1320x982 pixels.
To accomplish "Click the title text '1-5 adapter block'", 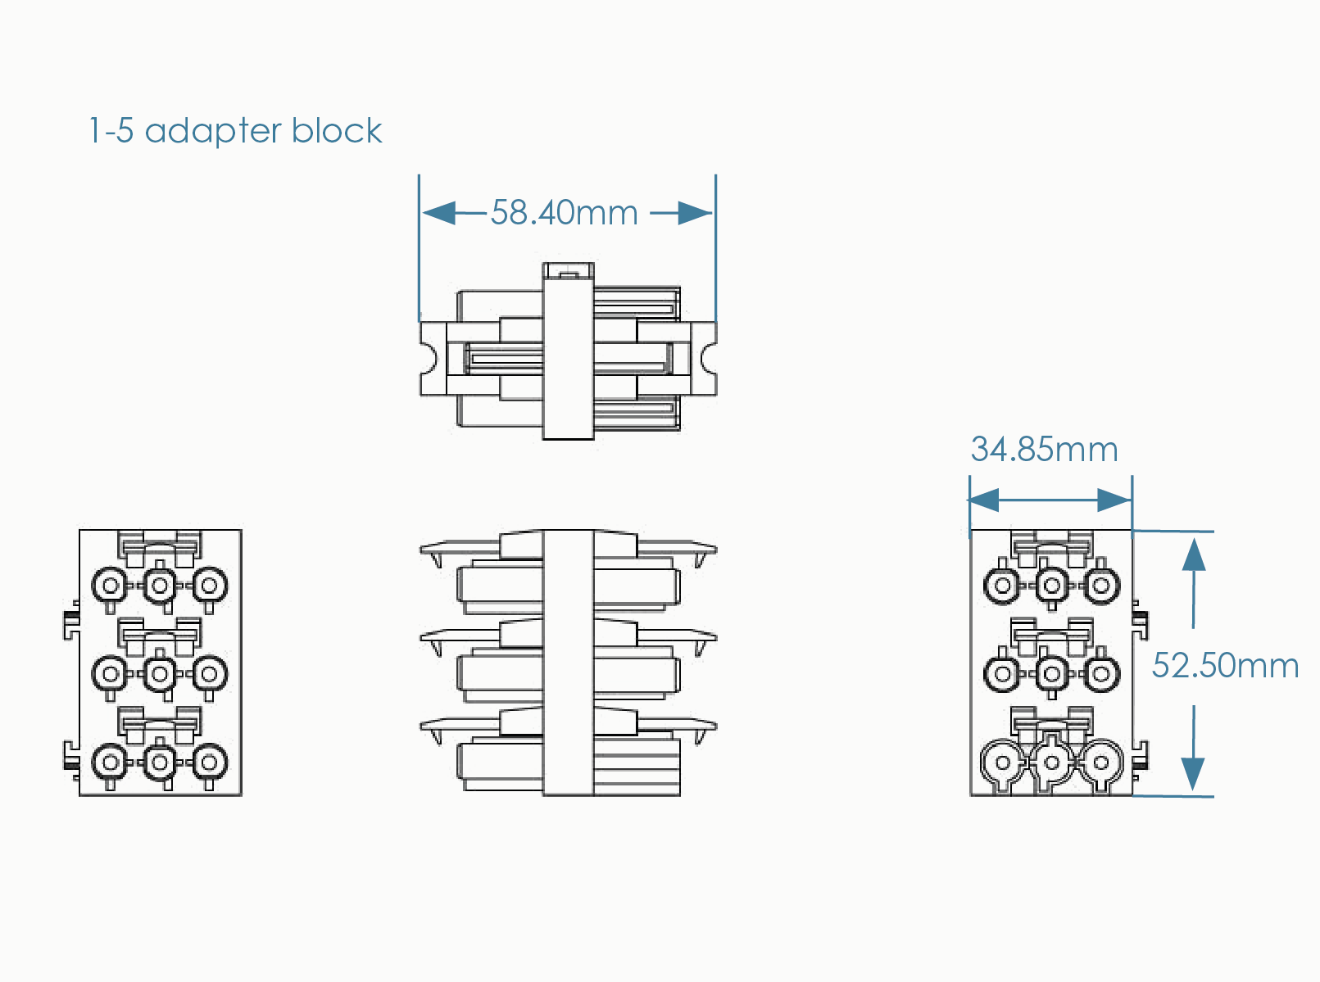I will coord(235,131).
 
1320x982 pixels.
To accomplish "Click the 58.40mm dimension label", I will coord(564,213).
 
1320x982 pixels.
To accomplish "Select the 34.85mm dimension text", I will coord(1044,450).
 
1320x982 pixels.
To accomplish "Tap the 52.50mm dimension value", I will coord(1224,666).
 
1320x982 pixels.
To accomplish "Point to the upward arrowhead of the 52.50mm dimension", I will coord(1194,554).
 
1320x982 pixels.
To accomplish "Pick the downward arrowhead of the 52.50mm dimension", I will coord(1193,774).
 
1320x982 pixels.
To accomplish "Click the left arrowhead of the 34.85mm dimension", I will coord(984,500).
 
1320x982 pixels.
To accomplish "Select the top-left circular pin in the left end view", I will coord(111,586).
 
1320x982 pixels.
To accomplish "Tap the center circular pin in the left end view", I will coord(160,674).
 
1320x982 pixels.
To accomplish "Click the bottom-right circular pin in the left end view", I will coord(209,763).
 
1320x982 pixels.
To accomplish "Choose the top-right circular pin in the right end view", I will coord(1101,586).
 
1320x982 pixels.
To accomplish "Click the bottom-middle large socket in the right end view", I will coord(1052,763).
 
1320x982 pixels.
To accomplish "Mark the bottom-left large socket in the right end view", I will coord(1002,763).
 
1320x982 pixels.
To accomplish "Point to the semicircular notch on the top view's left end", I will coord(427,358).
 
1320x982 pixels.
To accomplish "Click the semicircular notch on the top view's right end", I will coord(710,358).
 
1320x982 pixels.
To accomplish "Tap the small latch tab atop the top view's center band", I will coord(568,270).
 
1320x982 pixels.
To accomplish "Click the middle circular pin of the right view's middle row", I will coord(1052,674).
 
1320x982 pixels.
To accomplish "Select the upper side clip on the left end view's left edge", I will coord(71,623).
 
